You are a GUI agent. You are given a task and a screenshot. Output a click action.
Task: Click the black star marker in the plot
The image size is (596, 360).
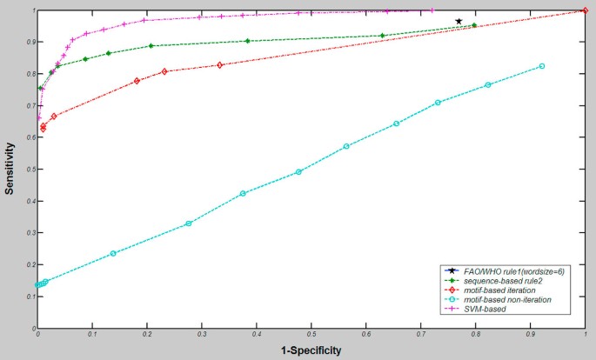click(x=459, y=21)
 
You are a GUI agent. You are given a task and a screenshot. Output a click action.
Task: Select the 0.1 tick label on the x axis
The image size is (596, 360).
click(x=91, y=332)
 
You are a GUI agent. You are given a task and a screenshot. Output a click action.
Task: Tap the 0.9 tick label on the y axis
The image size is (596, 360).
click(x=30, y=43)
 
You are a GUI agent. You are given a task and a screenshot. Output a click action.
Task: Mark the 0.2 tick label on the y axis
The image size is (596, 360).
click(x=30, y=264)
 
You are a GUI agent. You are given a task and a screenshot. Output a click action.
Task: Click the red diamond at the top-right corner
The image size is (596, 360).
click(x=585, y=10)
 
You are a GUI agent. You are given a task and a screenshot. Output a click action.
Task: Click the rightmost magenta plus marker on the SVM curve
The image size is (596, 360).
click(x=432, y=10)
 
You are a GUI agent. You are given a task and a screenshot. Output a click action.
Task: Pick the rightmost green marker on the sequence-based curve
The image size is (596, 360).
click(x=474, y=26)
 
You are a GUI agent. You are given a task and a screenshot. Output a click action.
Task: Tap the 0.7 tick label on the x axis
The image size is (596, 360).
click(x=420, y=332)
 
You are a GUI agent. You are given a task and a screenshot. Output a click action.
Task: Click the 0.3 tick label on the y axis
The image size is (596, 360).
click(x=30, y=233)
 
